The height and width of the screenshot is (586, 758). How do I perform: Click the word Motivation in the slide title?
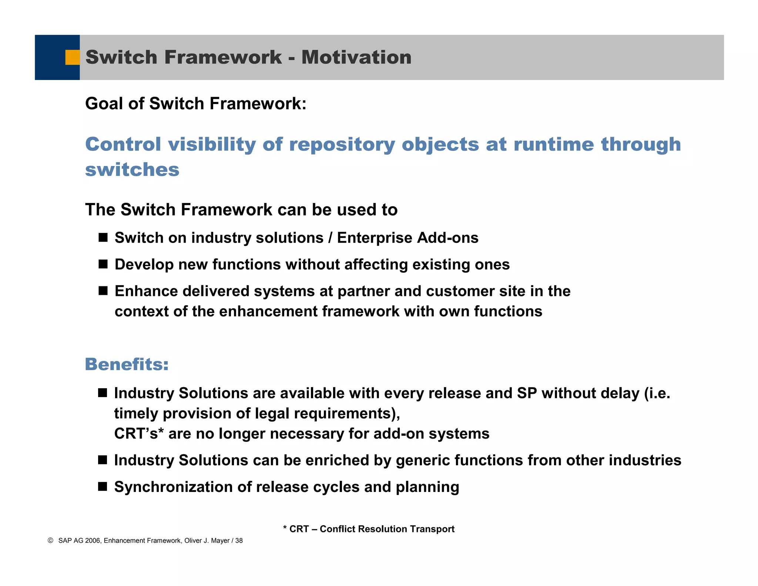pos(356,57)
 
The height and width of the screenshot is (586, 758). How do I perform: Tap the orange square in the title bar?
pos(73,57)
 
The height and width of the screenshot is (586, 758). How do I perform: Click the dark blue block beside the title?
pos(50,57)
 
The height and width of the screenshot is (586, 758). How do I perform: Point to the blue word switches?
pos(132,170)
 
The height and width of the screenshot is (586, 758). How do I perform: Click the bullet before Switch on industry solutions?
pos(103,237)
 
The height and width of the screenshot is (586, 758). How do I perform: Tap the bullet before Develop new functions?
pos(103,264)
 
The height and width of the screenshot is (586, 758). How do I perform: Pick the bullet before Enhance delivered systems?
pos(103,291)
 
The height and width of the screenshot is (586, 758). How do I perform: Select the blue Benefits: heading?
pos(127,364)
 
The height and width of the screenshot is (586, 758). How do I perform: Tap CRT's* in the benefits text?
pos(139,433)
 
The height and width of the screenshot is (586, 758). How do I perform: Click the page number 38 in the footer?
pos(239,541)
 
